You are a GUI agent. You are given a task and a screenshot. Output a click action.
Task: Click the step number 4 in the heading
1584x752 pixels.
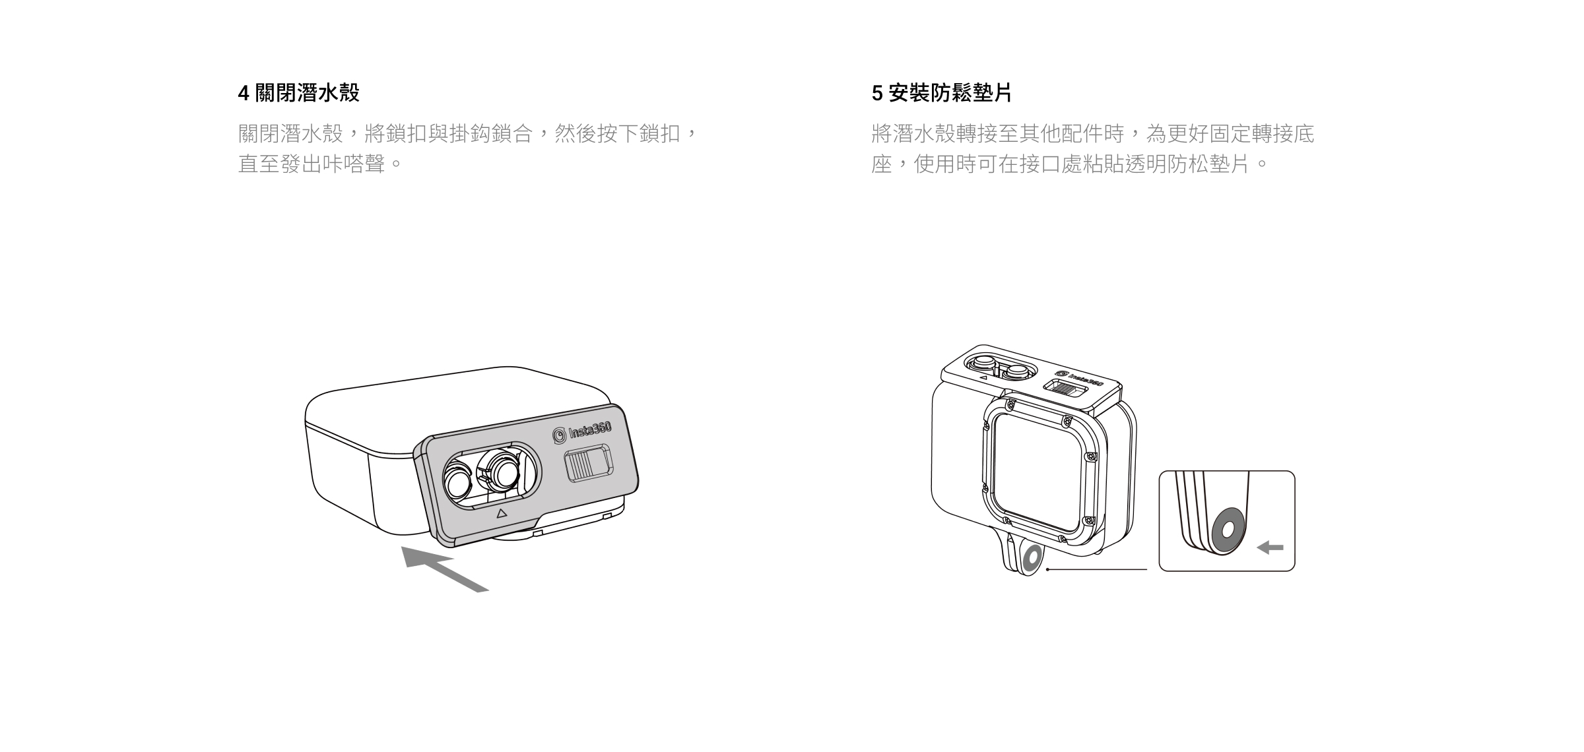244,94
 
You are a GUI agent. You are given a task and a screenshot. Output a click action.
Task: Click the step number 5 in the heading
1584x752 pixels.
876,94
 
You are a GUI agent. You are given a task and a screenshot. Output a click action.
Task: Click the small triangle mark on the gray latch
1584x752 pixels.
501,513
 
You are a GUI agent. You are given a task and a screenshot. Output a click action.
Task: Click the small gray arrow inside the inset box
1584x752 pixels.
1270,548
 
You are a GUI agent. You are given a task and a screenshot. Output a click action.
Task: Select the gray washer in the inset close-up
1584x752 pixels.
1228,529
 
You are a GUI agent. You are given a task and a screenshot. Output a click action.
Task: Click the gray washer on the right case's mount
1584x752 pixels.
1032,558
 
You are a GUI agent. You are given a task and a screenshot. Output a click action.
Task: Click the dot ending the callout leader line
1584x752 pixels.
1047,569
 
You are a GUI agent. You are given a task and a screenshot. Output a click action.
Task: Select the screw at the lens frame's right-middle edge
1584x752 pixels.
1091,456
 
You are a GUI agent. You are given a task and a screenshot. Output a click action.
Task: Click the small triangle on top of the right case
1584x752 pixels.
983,379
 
